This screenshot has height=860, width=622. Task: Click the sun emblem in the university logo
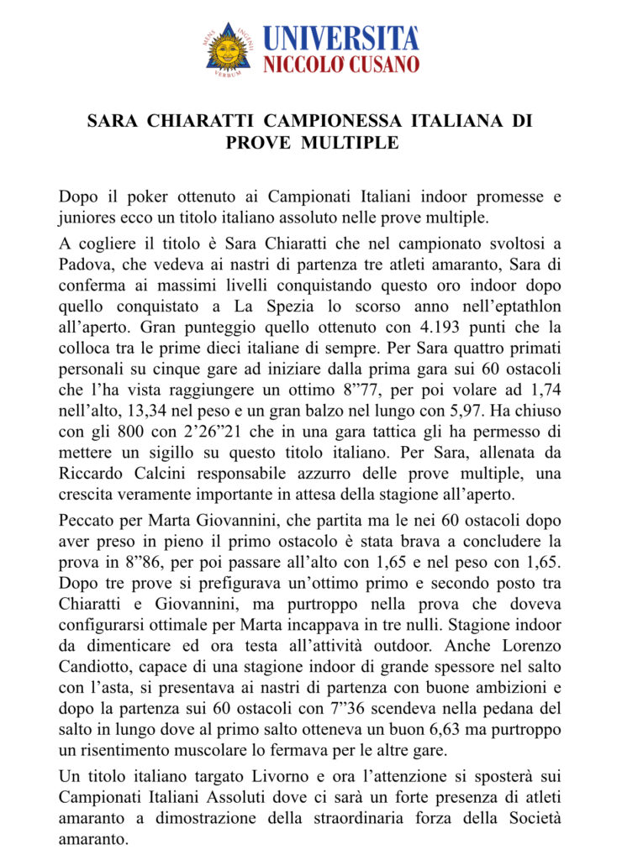(x=228, y=50)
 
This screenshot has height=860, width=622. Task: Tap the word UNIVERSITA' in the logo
(x=340, y=39)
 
